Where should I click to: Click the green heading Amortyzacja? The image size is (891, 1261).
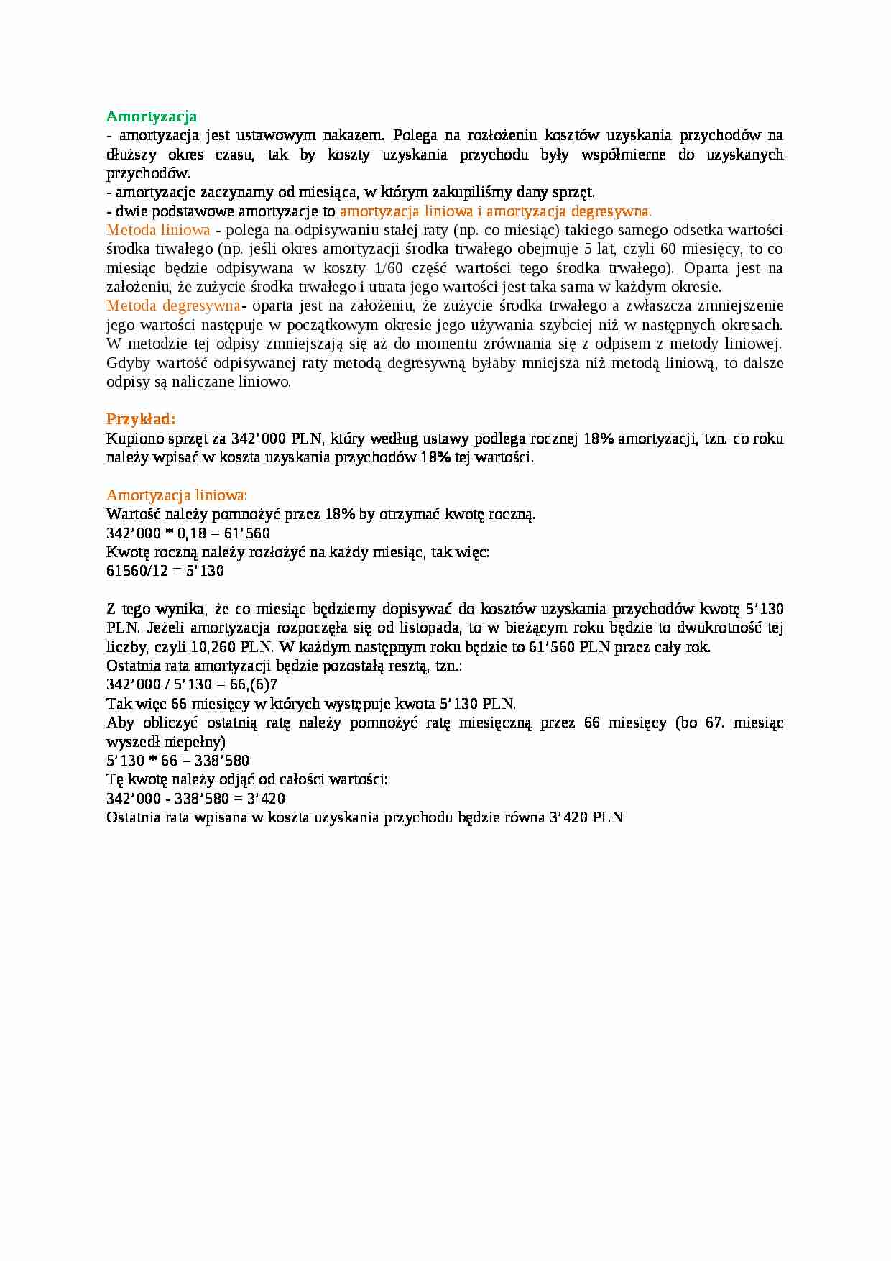pyautogui.click(x=151, y=116)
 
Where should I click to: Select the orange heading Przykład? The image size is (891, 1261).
pyautogui.click(x=141, y=419)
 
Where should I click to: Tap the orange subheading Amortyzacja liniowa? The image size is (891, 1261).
pyautogui.click(x=177, y=495)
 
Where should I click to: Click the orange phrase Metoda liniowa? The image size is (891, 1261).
pyautogui.click(x=158, y=230)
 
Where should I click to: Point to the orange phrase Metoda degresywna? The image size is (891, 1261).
pyautogui.click(x=173, y=306)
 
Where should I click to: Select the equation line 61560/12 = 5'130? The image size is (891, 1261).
pyautogui.click(x=165, y=571)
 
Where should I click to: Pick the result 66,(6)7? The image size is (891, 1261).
pyautogui.click(x=254, y=684)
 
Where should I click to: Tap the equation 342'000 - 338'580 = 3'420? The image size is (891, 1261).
pyautogui.click(x=195, y=799)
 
